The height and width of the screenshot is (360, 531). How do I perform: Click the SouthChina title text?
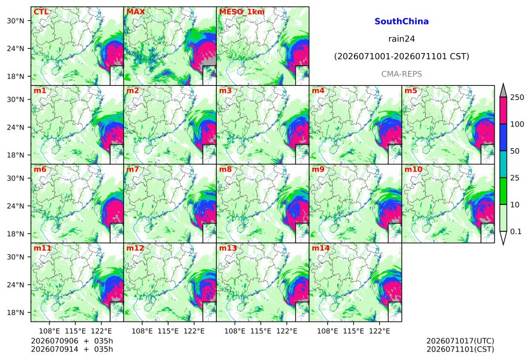pos(401,22)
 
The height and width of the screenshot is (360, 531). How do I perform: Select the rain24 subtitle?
pos(401,39)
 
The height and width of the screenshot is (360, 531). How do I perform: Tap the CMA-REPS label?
pos(401,74)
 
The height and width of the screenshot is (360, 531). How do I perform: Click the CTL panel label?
pos(41,12)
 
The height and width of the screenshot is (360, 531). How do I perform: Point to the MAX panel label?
pos(135,12)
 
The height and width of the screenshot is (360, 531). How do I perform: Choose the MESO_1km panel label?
pos(242,12)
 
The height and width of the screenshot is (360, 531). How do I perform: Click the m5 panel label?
pos(411,91)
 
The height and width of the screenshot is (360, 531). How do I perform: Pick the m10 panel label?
pos(413,169)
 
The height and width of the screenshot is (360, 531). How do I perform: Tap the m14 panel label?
pos(320,248)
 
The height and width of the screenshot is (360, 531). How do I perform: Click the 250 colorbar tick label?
pos(517,98)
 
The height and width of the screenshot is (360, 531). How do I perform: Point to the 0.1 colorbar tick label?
pos(516,232)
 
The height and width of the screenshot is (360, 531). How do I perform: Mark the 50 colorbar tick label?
pos(515,151)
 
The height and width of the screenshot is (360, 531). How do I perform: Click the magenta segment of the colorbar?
pos(503,111)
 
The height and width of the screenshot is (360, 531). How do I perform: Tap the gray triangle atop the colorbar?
pos(503,91)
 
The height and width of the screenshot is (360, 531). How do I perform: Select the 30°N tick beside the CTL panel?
pos(15,21)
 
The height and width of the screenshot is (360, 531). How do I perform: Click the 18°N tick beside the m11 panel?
pos(15,312)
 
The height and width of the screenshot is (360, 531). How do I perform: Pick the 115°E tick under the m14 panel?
pos(354,331)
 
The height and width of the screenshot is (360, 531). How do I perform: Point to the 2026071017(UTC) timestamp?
pos(460,341)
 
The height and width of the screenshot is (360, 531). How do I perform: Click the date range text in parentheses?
pos(401,56)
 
